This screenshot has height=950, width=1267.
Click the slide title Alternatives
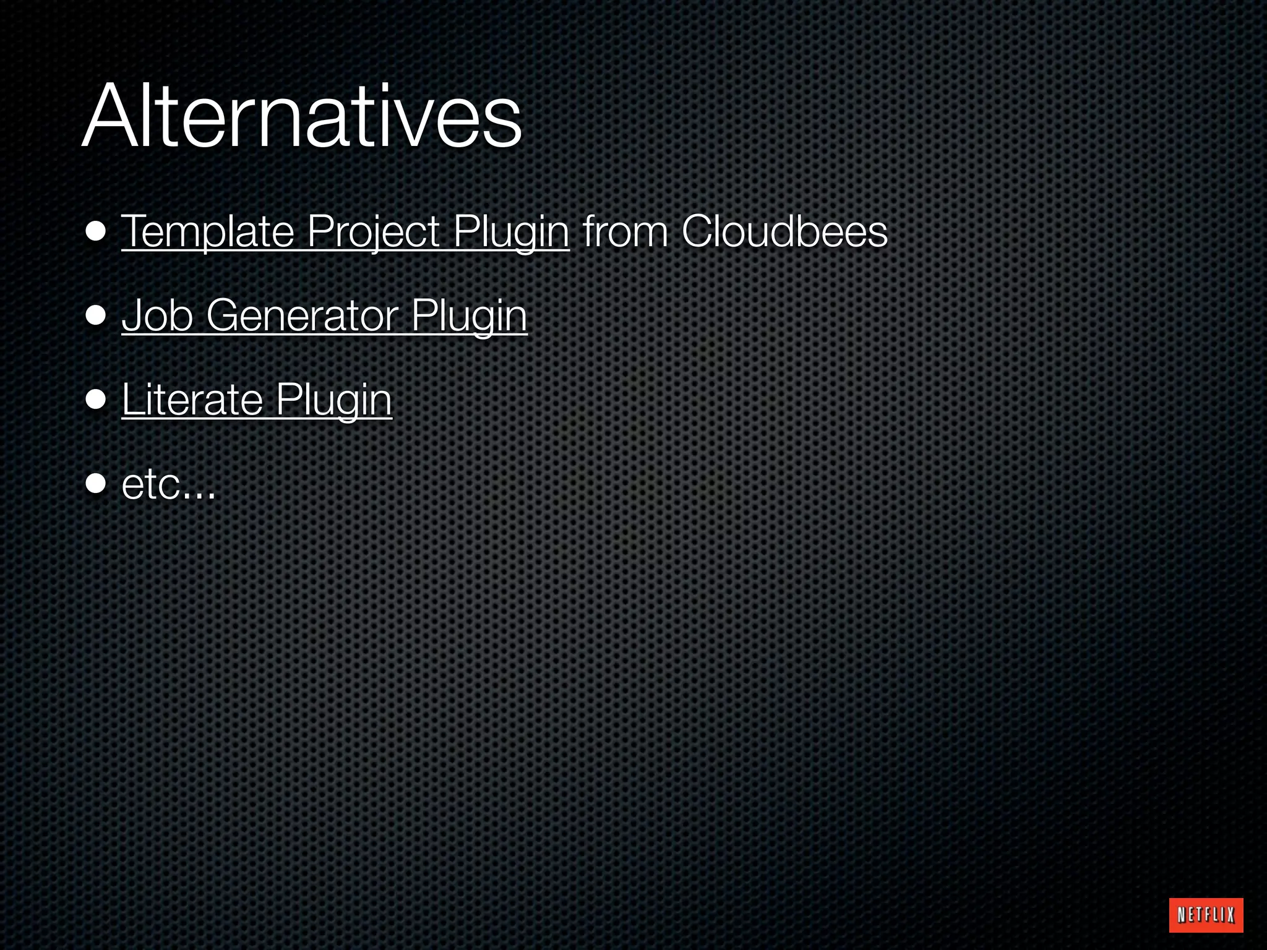[x=301, y=118]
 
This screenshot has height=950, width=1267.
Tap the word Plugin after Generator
[x=469, y=315]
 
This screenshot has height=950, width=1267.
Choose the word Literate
[x=192, y=400]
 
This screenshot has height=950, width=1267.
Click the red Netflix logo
[x=1206, y=915]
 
